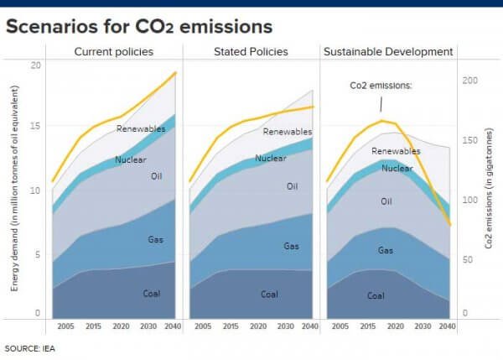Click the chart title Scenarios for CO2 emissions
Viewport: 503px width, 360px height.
click(138, 26)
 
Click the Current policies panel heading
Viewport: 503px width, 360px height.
click(114, 52)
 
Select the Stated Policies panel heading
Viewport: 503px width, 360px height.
click(252, 52)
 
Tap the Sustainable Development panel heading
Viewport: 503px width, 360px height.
click(388, 52)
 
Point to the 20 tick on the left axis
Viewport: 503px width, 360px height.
click(34, 65)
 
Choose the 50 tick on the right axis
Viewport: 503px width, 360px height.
click(469, 260)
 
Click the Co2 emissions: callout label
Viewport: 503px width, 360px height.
click(380, 86)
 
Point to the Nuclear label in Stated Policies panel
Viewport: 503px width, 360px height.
click(271, 158)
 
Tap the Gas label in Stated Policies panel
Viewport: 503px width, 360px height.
click(291, 246)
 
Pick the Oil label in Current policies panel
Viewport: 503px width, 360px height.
click(156, 176)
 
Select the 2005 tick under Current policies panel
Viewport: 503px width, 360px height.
click(65, 326)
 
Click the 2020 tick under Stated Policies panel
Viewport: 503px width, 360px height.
click(259, 326)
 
